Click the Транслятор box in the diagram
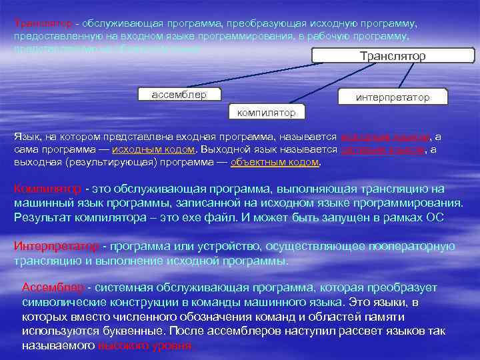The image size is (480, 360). tap(392, 56)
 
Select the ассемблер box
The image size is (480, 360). tap(179, 94)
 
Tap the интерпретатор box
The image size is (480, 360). tap(393, 97)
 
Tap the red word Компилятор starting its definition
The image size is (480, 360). tap(47, 189)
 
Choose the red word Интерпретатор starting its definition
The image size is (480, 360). tap(56, 246)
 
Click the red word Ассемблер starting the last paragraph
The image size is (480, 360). tap(53, 287)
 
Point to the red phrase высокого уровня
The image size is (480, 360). tap(145, 346)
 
